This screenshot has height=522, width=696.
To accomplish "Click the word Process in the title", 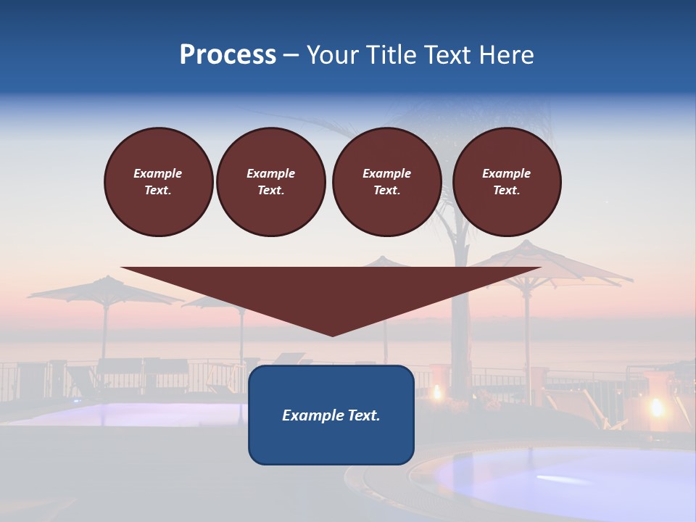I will pos(228,55).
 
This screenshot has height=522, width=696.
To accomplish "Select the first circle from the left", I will pos(158,181).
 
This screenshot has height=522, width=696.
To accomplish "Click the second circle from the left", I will pos(270,181).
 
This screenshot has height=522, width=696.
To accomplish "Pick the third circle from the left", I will pos(386,181).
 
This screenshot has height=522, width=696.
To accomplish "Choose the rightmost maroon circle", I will pos(506,181).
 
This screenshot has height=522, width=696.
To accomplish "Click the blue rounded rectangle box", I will pos(331,442).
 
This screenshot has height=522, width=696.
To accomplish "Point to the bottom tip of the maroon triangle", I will pos(332,335).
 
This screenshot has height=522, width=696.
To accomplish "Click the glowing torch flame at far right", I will pos(657,407).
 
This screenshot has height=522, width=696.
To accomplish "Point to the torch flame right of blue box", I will pos(436,393).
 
